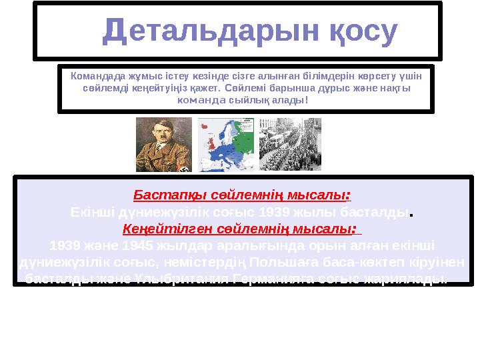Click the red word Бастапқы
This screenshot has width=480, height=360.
161,195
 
